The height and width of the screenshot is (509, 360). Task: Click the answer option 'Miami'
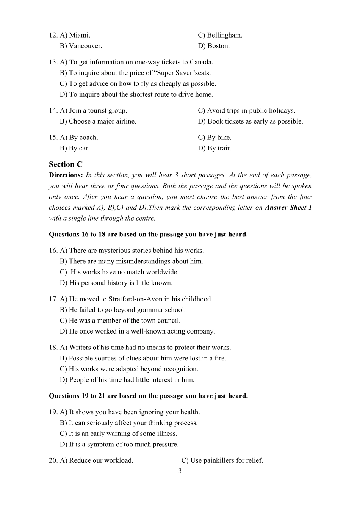point(79,35)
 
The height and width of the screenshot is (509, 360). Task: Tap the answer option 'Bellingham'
point(224,35)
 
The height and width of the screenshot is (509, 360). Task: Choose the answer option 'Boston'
point(218,46)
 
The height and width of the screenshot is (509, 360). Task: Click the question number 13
point(53,62)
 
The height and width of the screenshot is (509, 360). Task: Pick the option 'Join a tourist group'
point(98,111)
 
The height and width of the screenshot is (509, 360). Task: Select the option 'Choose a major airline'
point(102,121)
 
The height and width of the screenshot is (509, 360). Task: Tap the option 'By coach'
point(83,138)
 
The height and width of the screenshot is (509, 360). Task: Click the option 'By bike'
point(219,138)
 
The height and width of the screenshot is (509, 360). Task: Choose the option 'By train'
point(220,148)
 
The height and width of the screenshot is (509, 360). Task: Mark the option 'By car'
point(79,148)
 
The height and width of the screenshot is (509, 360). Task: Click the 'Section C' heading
point(66,164)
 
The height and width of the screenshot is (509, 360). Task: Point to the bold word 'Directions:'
point(66,175)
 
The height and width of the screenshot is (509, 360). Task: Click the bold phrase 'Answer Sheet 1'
point(288,207)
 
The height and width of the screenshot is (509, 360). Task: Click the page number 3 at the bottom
point(180,471)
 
